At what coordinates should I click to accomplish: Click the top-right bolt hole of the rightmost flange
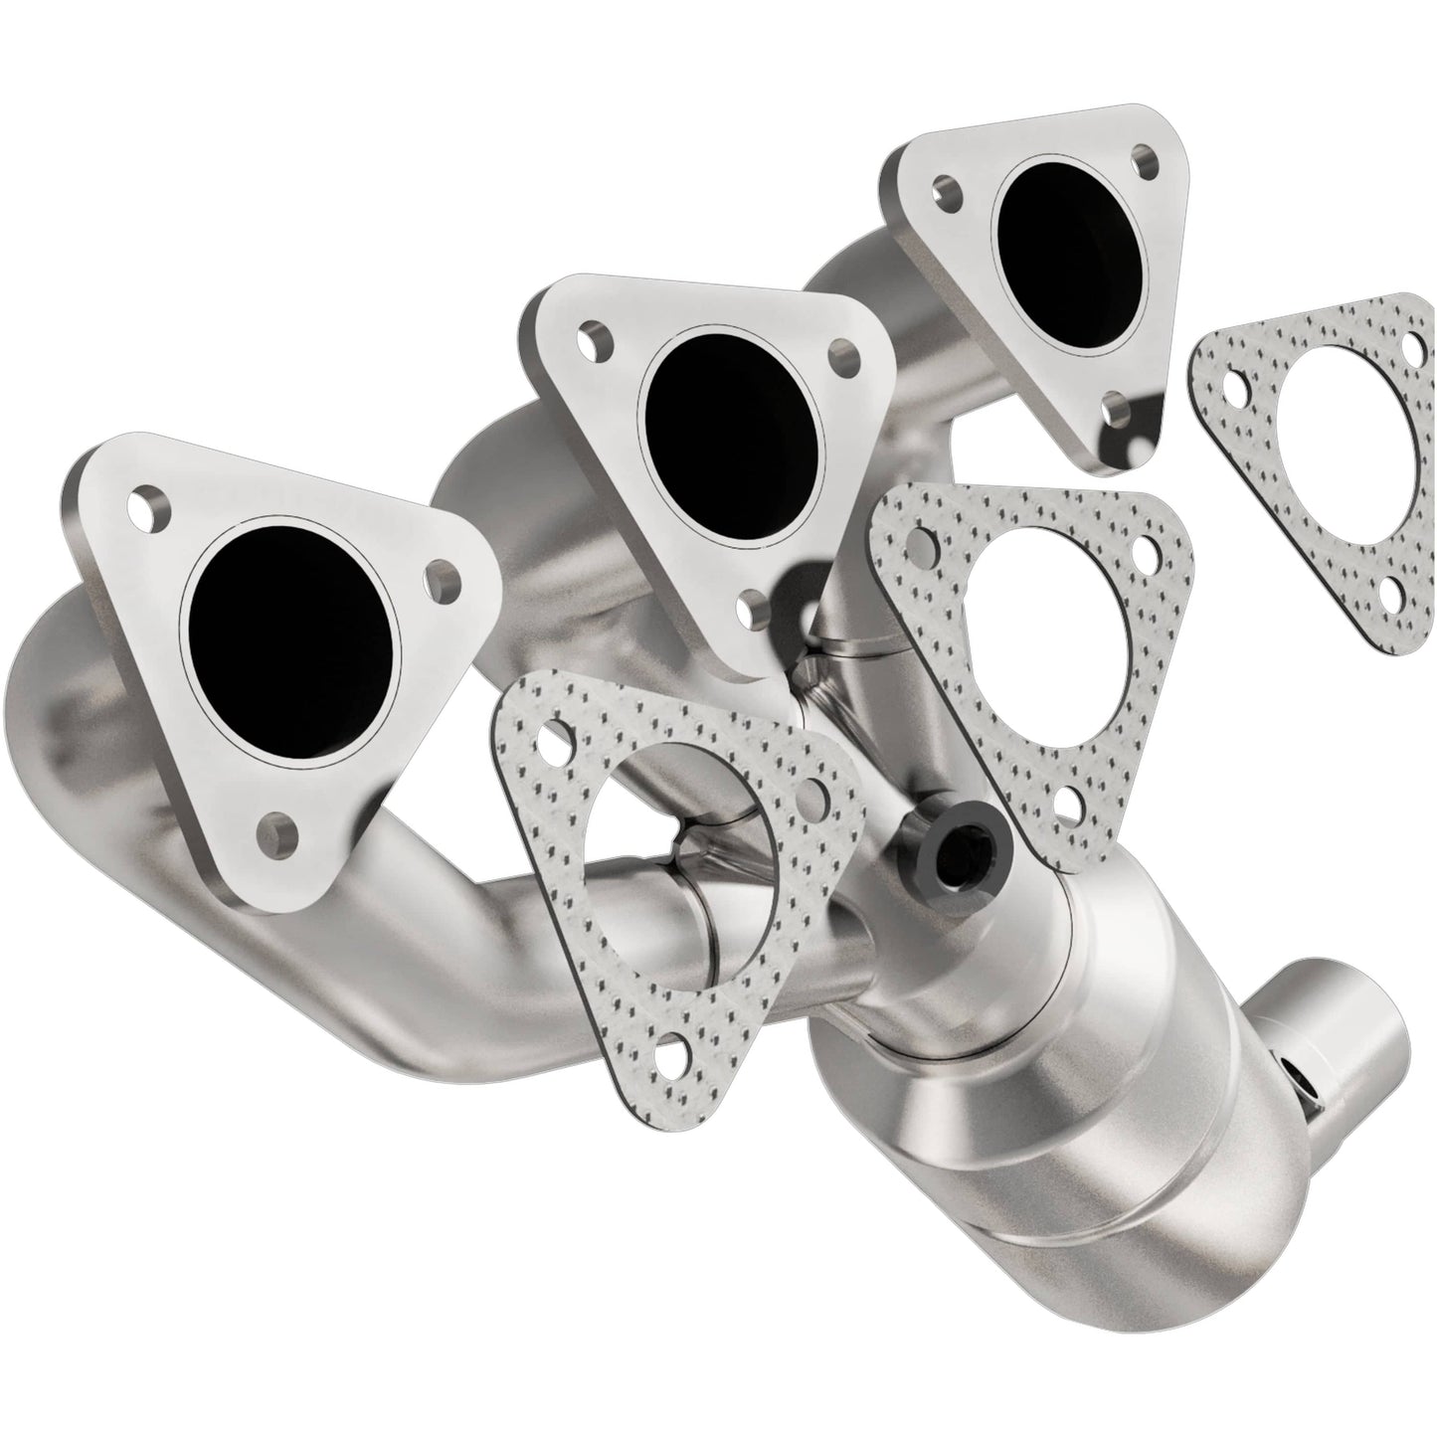(1147, 159)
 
